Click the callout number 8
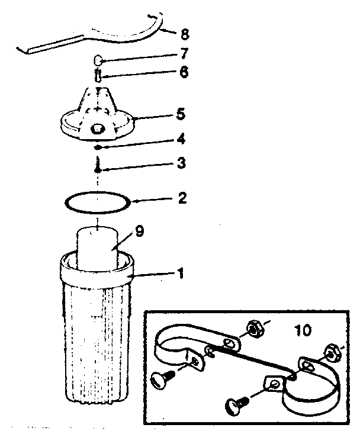(x=185, y=34)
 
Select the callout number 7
(x=184, y=53)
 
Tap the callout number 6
(x=184, y=72)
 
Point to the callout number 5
(x=181, y=114)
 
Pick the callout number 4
(x=181, y=139)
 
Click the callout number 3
(x=181, y=163)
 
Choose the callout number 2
(x=182, y=198)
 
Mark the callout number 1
(x=180, y=273)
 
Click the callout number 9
(x=139, y=231)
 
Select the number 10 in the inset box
(x=303, y=330)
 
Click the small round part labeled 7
(x=98, y=60)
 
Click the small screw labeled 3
(x=97, y=165)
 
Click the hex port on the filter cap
(x=97, y=128)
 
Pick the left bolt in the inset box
(x=162, y=379)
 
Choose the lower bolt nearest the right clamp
(x=237, y=404)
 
